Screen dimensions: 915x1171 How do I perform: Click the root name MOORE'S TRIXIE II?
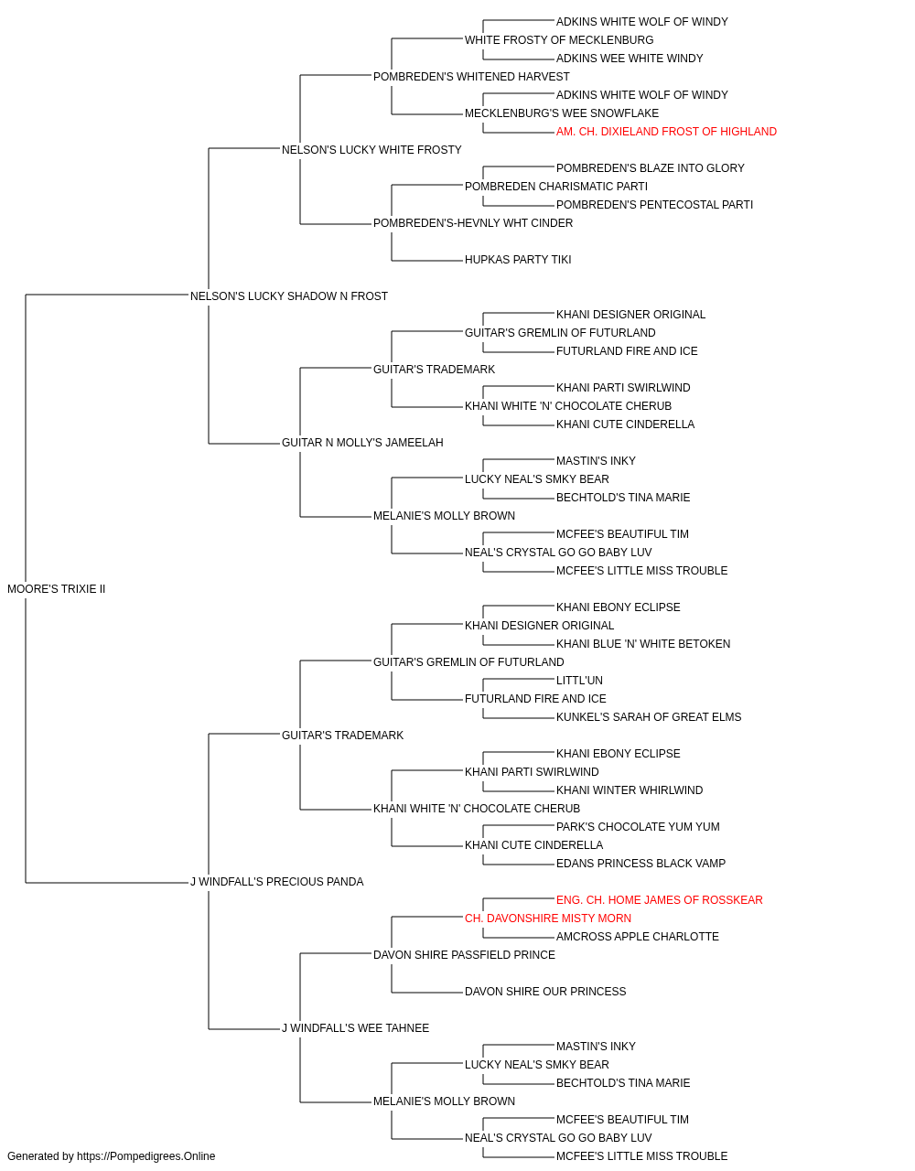point(56,589)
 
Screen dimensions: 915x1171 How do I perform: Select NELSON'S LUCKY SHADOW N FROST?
point(289,296)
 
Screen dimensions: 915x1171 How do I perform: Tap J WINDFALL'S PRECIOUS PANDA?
point(277,882)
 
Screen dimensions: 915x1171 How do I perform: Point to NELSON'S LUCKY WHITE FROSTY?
point(371,150)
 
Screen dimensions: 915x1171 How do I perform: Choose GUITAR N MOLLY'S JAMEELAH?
point(362,443)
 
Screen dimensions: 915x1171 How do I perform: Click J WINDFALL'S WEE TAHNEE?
point(356,1028)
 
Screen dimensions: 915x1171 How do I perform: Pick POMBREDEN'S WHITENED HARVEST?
point(471,77)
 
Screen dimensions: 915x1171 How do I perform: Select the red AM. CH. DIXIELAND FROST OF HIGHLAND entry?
point(667,132)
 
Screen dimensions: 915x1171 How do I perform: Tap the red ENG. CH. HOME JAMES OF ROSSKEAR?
point(660,900)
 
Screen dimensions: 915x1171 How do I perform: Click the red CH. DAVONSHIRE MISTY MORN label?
point(548,919)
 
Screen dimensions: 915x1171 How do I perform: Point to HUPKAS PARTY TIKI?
point(518,260)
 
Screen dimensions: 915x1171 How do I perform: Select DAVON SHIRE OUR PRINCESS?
point(545,992)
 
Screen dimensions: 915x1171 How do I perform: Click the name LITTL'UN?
point(579,681)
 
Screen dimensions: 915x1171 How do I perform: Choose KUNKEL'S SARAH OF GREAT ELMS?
point(649,717)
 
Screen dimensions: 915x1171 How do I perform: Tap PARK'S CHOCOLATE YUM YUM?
point(638,827)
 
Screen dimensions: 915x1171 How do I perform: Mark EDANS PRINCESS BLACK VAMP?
point(640,864)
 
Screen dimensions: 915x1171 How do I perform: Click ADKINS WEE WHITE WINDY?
point(630,59)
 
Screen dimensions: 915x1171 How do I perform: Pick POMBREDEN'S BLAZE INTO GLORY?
point(651,168)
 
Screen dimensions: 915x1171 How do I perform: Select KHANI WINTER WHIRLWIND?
point(630,790)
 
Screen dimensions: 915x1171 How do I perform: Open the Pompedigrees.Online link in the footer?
point(145,1156)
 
